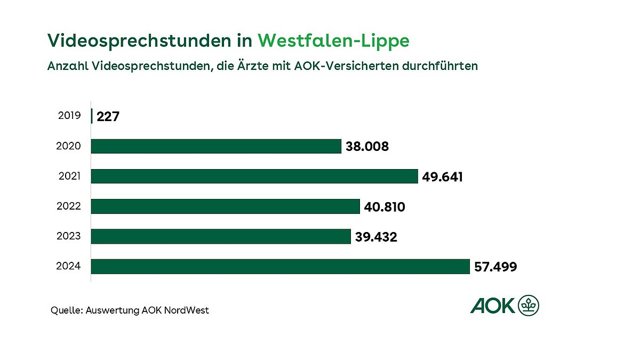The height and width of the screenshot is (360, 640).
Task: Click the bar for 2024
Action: [280, 266]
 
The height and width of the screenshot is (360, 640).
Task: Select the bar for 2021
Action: [254, 176]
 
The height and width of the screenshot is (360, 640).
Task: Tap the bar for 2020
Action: [216, 146]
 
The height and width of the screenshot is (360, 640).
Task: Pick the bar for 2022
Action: [225, 206]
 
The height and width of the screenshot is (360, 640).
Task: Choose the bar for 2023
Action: [221, 236]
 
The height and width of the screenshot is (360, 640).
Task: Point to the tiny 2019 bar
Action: [92, 116]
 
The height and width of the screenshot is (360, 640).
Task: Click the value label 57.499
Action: [495, 267]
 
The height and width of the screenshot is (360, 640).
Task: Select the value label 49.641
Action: [442, 177]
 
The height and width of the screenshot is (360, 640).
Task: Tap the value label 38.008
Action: [367, 147]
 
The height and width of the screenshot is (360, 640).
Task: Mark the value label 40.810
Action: [384, 206]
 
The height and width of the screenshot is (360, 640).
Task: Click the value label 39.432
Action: [376, 237]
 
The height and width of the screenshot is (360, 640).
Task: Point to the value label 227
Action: [108, 116]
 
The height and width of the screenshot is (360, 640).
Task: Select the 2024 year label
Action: [69, 266]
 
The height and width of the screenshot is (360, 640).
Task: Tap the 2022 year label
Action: [69, 206]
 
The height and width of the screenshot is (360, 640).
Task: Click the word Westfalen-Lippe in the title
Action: [333, 41]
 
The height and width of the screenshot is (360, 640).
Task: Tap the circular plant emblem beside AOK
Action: [529, 306]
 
